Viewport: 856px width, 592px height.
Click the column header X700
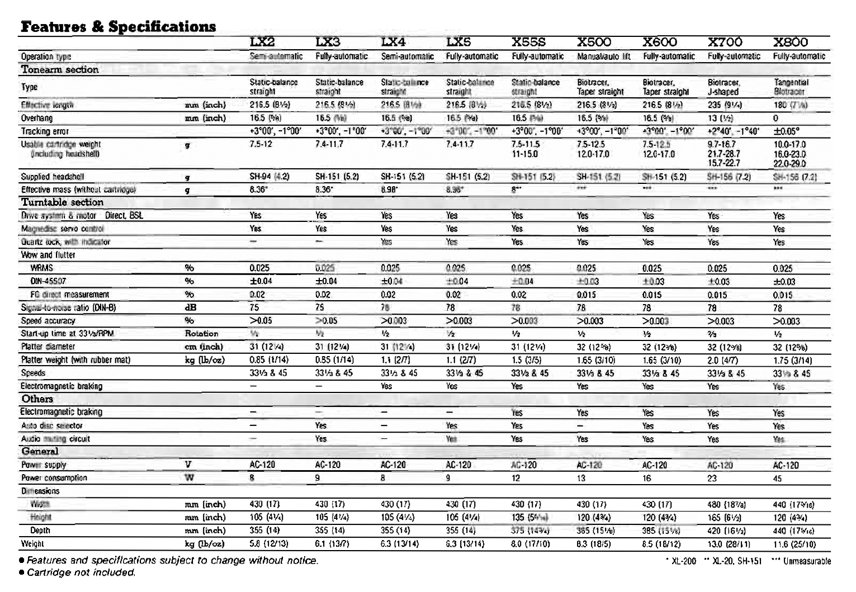pos(725,42)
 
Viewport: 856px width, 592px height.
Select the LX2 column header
pos(262,42)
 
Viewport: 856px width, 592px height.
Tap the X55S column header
pos(528,42)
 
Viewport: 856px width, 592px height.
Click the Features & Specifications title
pos(118,26)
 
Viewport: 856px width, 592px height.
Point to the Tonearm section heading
pos(60,70)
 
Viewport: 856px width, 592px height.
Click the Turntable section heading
pos(62,202)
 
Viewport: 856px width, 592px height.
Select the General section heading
pos(40,452)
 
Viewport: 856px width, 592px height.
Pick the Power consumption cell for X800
pos(778,479)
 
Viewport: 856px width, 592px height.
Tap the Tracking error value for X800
pos(786,131)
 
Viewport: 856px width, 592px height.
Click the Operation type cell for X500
pos(603,56)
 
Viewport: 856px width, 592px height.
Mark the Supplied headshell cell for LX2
pos(269,177)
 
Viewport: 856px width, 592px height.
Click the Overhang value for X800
pos(775,119)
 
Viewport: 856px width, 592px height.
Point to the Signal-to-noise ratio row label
pos(68,307)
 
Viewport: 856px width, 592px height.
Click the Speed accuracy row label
pos(48,321)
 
